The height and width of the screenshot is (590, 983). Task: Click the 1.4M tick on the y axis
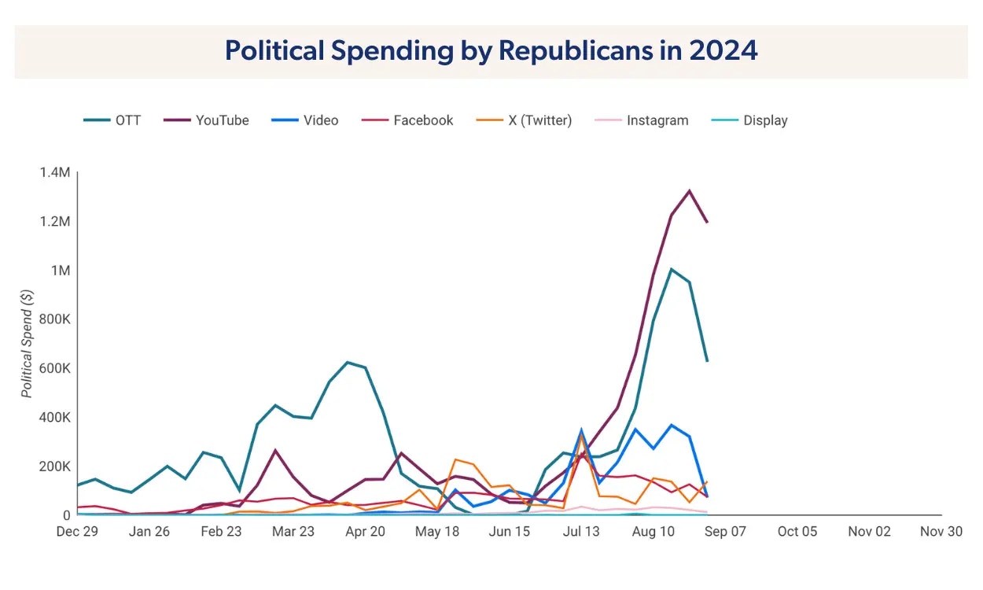coord(55,172)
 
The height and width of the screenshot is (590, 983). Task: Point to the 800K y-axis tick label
coord(54,319)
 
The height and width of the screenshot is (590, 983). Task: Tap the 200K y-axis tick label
coord(54,466)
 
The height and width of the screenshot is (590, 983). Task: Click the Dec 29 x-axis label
coord(77,532)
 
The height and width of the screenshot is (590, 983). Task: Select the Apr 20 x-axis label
coord(366,532)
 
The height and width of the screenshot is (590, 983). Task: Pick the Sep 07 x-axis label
coord(726,532)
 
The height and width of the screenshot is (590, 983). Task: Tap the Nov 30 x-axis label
coord(941,532)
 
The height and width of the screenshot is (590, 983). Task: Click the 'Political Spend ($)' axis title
coord(28,344)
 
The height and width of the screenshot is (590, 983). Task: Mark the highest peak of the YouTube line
coord(690,190)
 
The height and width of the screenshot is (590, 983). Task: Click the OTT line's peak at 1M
coord(671,269)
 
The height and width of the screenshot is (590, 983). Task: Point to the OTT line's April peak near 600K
coord(348,363)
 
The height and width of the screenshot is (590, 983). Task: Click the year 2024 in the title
coord(723,50)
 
